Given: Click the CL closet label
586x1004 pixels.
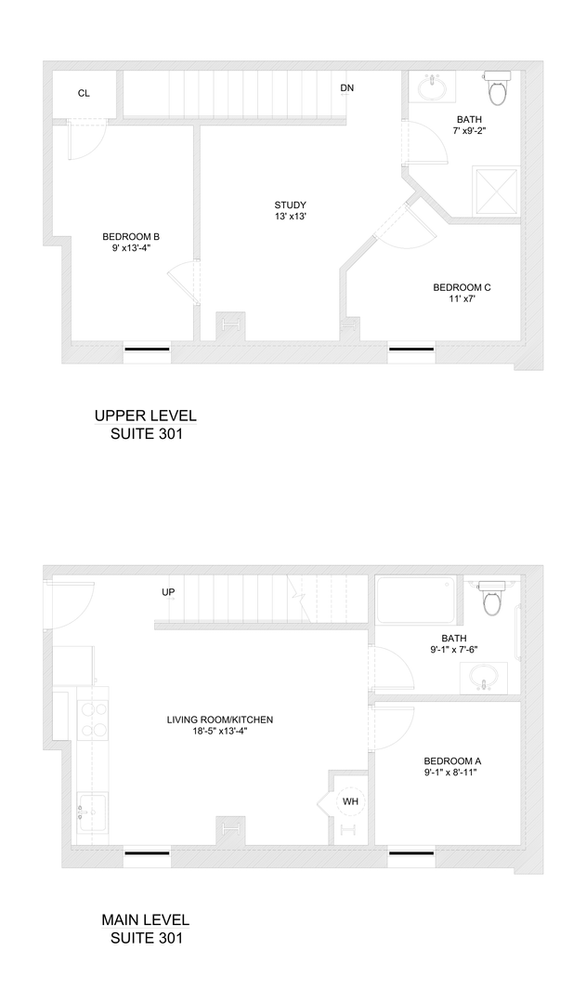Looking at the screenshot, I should (x=84, y=93).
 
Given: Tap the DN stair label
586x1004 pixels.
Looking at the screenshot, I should (x=346, y=88).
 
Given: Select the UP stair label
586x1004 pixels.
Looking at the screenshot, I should (x=168, y=592).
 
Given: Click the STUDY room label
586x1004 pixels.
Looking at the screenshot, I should (x=290, y=205).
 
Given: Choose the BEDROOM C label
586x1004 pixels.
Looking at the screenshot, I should (x=462, y=287).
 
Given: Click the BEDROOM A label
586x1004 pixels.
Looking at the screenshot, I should (x=452, y=760).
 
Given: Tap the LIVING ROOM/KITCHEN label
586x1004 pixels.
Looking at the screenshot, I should (x=220, y=720).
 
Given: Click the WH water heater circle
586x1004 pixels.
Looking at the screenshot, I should (x=350, y=800).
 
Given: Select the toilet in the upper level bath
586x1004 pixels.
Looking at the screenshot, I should (x=499, y=88).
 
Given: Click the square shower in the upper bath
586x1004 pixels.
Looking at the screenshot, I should (x=495, y=191).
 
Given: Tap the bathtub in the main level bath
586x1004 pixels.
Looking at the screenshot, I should (x=415, y=602).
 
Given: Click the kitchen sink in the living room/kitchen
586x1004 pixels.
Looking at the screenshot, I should (x=92, y=813).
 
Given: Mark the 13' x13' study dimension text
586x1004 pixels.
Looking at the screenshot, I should (x=290, y=217).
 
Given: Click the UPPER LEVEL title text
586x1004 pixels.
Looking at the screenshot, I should (x=146, y=416).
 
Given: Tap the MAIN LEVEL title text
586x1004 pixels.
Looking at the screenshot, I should (x=145, y=920).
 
